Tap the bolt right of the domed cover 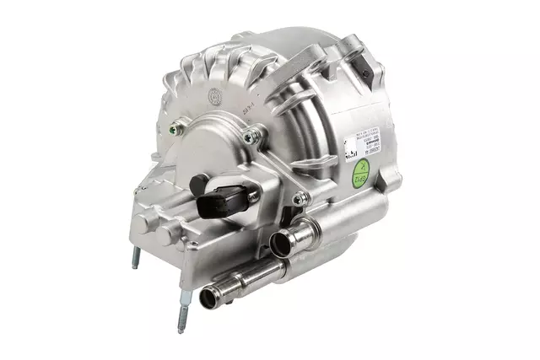click(x=250, y=137)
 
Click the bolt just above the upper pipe click(x=299, y=199)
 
